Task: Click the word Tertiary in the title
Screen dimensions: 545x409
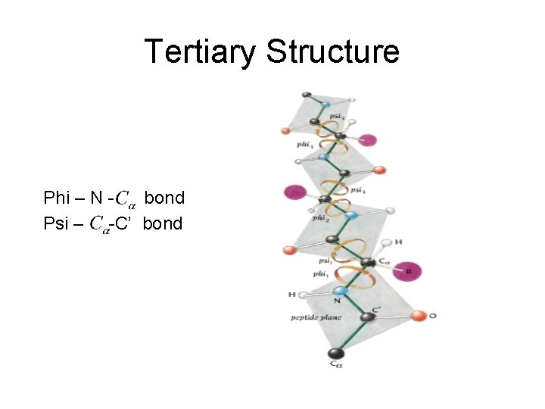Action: coord(198,52)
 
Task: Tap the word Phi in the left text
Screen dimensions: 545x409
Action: coord(56,198)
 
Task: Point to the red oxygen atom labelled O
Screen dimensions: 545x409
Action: coord(417,314)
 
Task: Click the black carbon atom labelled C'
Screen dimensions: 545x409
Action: coord(366,318)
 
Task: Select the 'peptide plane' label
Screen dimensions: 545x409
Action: coord(316,317)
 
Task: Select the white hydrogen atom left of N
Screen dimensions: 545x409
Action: coord(304,295)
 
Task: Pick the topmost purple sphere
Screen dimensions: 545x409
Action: coord(367,139)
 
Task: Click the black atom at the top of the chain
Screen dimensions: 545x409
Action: coord(306,95)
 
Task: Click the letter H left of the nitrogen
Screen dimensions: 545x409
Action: coord(291,294)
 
